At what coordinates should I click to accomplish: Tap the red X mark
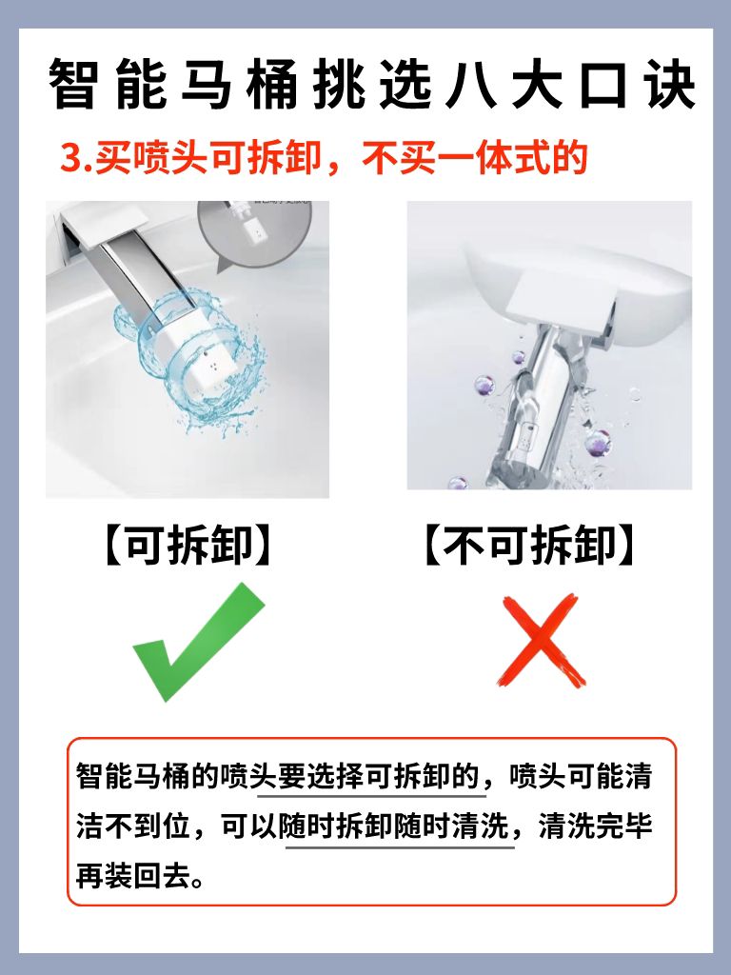[x=541, y=641]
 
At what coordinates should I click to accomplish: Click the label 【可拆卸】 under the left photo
[x=188, y=546]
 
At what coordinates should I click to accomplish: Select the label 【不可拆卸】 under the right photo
[x=529, y=546]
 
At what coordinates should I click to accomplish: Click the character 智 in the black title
[x=73, y=85]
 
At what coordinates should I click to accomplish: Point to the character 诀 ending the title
[x=670, y=85]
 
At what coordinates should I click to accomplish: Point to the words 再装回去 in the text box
[x=132, y=877]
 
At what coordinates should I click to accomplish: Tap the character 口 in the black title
[x=604, y=85]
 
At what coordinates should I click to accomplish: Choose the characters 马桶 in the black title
[x=239, y=85]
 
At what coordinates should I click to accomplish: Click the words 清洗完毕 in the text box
[x=596, y=827]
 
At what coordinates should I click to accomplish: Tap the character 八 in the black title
[x=471, y=85]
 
